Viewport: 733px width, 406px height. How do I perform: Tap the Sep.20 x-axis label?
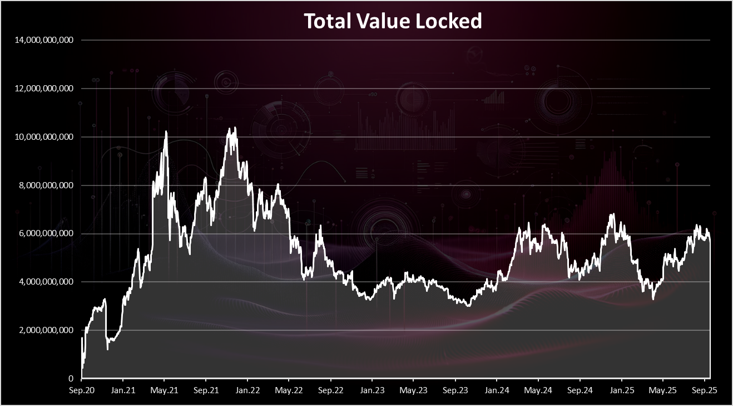[82, 390]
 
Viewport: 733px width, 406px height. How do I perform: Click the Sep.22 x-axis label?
[330, 390]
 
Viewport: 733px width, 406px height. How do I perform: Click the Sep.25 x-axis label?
[705, 390]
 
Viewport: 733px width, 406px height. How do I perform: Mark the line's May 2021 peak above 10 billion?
[166, 132]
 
